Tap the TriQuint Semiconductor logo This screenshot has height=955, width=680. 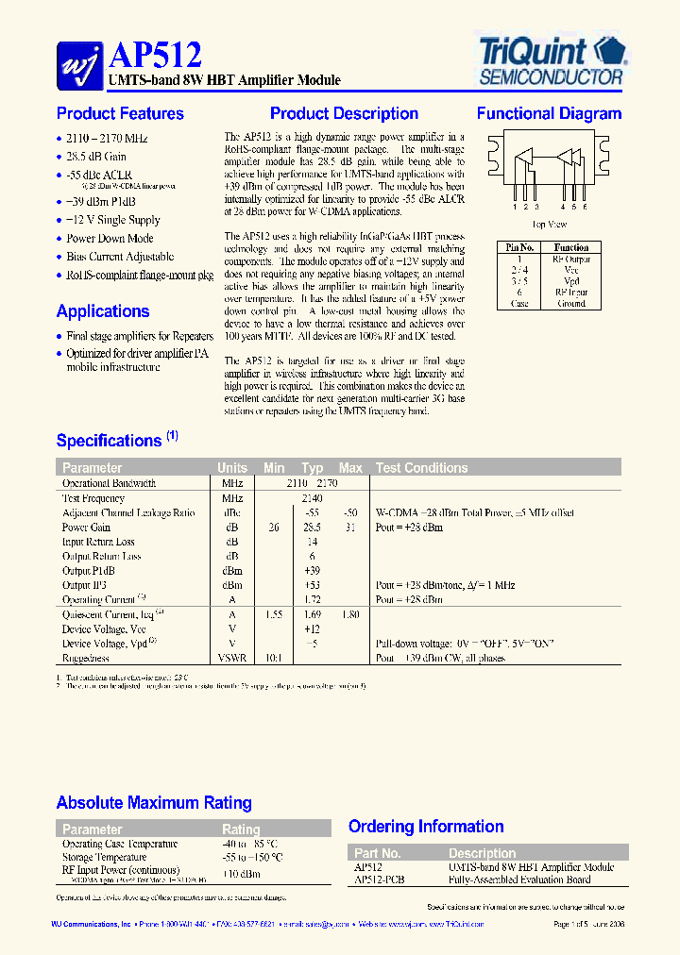pyautogui.click(x=548, y=59)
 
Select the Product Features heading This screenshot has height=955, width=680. pyautogui.click(x=120, y=114)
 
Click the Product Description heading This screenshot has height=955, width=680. pyautogui.click(x=344, y=114)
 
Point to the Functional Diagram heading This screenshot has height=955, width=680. pyautogui.click(x=549, y=114)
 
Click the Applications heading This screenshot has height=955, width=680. pyautogui.click(x=102, y=311)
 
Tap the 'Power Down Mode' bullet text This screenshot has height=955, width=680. pyautogui.click(x=110, y=239)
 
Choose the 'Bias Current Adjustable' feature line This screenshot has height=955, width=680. pyautogui.click(x=120, y=257)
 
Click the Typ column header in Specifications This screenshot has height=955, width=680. pyautogui.click(x=312, y=468)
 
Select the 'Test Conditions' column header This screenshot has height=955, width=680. pyautogui.click(x=421, y=468)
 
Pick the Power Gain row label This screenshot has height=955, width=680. pyautogui.click(x=86, y=528)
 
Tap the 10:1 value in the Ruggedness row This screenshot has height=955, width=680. pyautogui.click(x=273, y=658)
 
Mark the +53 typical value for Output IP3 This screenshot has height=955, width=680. pyautogui.click(x=312, y=585)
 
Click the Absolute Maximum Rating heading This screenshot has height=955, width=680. pyautogui.click(x=154, y=803)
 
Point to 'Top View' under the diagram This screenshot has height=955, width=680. pyautogui.click(x=549, y=225)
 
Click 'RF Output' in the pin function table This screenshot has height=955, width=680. pyautogui.click(x=571, y=259)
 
